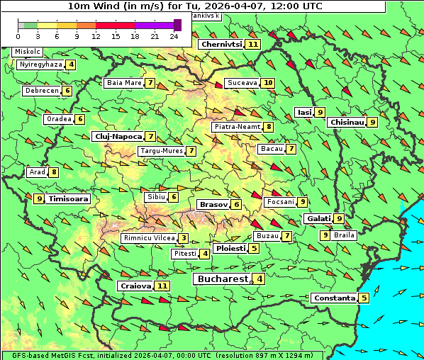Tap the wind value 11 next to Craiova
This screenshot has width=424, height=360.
pos(162,286)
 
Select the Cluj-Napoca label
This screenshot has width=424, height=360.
pos(118,136)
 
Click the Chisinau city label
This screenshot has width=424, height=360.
pos(347,122)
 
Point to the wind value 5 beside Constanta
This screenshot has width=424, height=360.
pos(364,298)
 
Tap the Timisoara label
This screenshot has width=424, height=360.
pos(69,199)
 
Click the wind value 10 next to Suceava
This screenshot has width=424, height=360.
pos(267,83)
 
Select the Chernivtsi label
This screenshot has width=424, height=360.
pos(221,44)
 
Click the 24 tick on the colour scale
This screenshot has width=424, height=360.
pos(174,36)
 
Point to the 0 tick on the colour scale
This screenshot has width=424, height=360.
pos(18,36)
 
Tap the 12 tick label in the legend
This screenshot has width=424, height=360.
pos(96,36)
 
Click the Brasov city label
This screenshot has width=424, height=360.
pos(213,204)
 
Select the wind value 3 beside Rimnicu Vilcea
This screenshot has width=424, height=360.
pos(183,238)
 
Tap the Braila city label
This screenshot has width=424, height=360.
pos(344,235)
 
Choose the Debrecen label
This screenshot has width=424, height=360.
pos(41,91)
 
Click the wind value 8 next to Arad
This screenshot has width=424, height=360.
pos(54,172)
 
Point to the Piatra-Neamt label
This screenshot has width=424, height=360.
pos(237,127)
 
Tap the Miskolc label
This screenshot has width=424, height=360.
pos(28,52)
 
